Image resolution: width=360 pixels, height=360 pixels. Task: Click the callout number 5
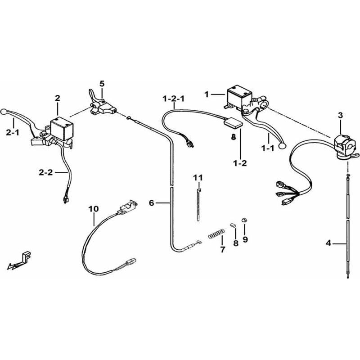(102, 84)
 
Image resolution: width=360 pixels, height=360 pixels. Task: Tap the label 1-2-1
(173, 99)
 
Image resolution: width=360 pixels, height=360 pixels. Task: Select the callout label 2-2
(46, 172)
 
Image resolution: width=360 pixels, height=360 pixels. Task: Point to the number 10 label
(94, 209)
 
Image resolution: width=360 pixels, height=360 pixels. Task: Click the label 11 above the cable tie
(198, 178)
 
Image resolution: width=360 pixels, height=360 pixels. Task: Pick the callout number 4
(328, 243)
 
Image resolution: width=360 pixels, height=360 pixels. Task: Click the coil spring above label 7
(216, 234)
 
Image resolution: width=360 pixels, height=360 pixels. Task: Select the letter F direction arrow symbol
(19, 261)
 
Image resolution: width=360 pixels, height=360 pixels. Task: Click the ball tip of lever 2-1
(4, 112)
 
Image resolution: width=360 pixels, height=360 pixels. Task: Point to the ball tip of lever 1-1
(282, 145)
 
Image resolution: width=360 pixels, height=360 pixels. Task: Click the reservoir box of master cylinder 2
(62, 129)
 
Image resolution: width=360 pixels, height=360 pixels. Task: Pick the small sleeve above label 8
(233, 225)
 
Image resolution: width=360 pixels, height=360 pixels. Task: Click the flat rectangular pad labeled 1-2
(233, 123)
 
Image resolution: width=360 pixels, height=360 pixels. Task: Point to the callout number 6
(152, 203)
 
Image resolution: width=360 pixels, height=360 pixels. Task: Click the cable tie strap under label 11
(198, 204)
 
